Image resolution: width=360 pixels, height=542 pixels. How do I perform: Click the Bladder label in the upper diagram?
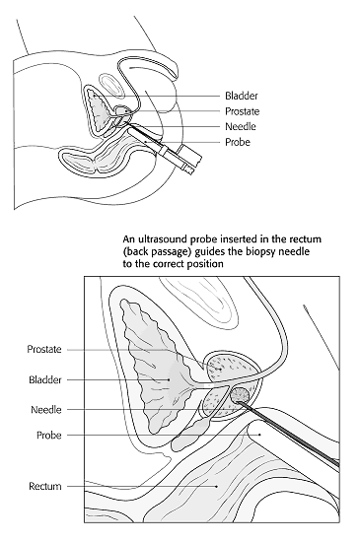coord(242,96)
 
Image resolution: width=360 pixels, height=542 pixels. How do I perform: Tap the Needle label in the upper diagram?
coord(241,126)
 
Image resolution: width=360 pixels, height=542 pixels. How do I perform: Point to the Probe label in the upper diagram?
coord(239,142)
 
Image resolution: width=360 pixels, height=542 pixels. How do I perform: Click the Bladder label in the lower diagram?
coord(49,378)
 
